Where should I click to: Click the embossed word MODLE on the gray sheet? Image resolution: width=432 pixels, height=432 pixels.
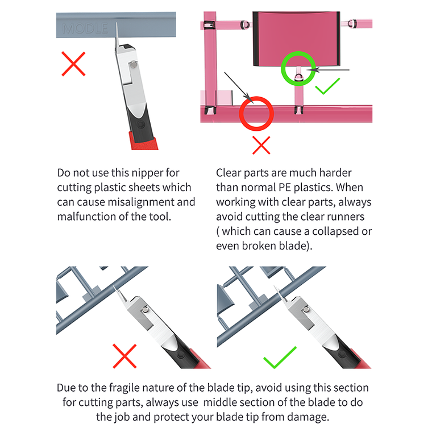coord(85,28)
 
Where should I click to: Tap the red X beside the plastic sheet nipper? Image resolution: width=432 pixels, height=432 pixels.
coord(73,64)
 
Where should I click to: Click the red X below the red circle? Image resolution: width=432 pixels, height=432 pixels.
coord(261,145)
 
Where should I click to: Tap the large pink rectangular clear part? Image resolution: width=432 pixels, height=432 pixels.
coord(296,39)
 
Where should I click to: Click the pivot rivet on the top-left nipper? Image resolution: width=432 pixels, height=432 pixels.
coord(134,65)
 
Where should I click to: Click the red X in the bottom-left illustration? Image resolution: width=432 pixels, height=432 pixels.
coord(124,356)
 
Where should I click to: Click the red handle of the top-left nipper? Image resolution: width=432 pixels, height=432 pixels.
coord(144,142)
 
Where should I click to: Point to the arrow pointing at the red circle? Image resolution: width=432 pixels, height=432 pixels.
coord(238,87)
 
